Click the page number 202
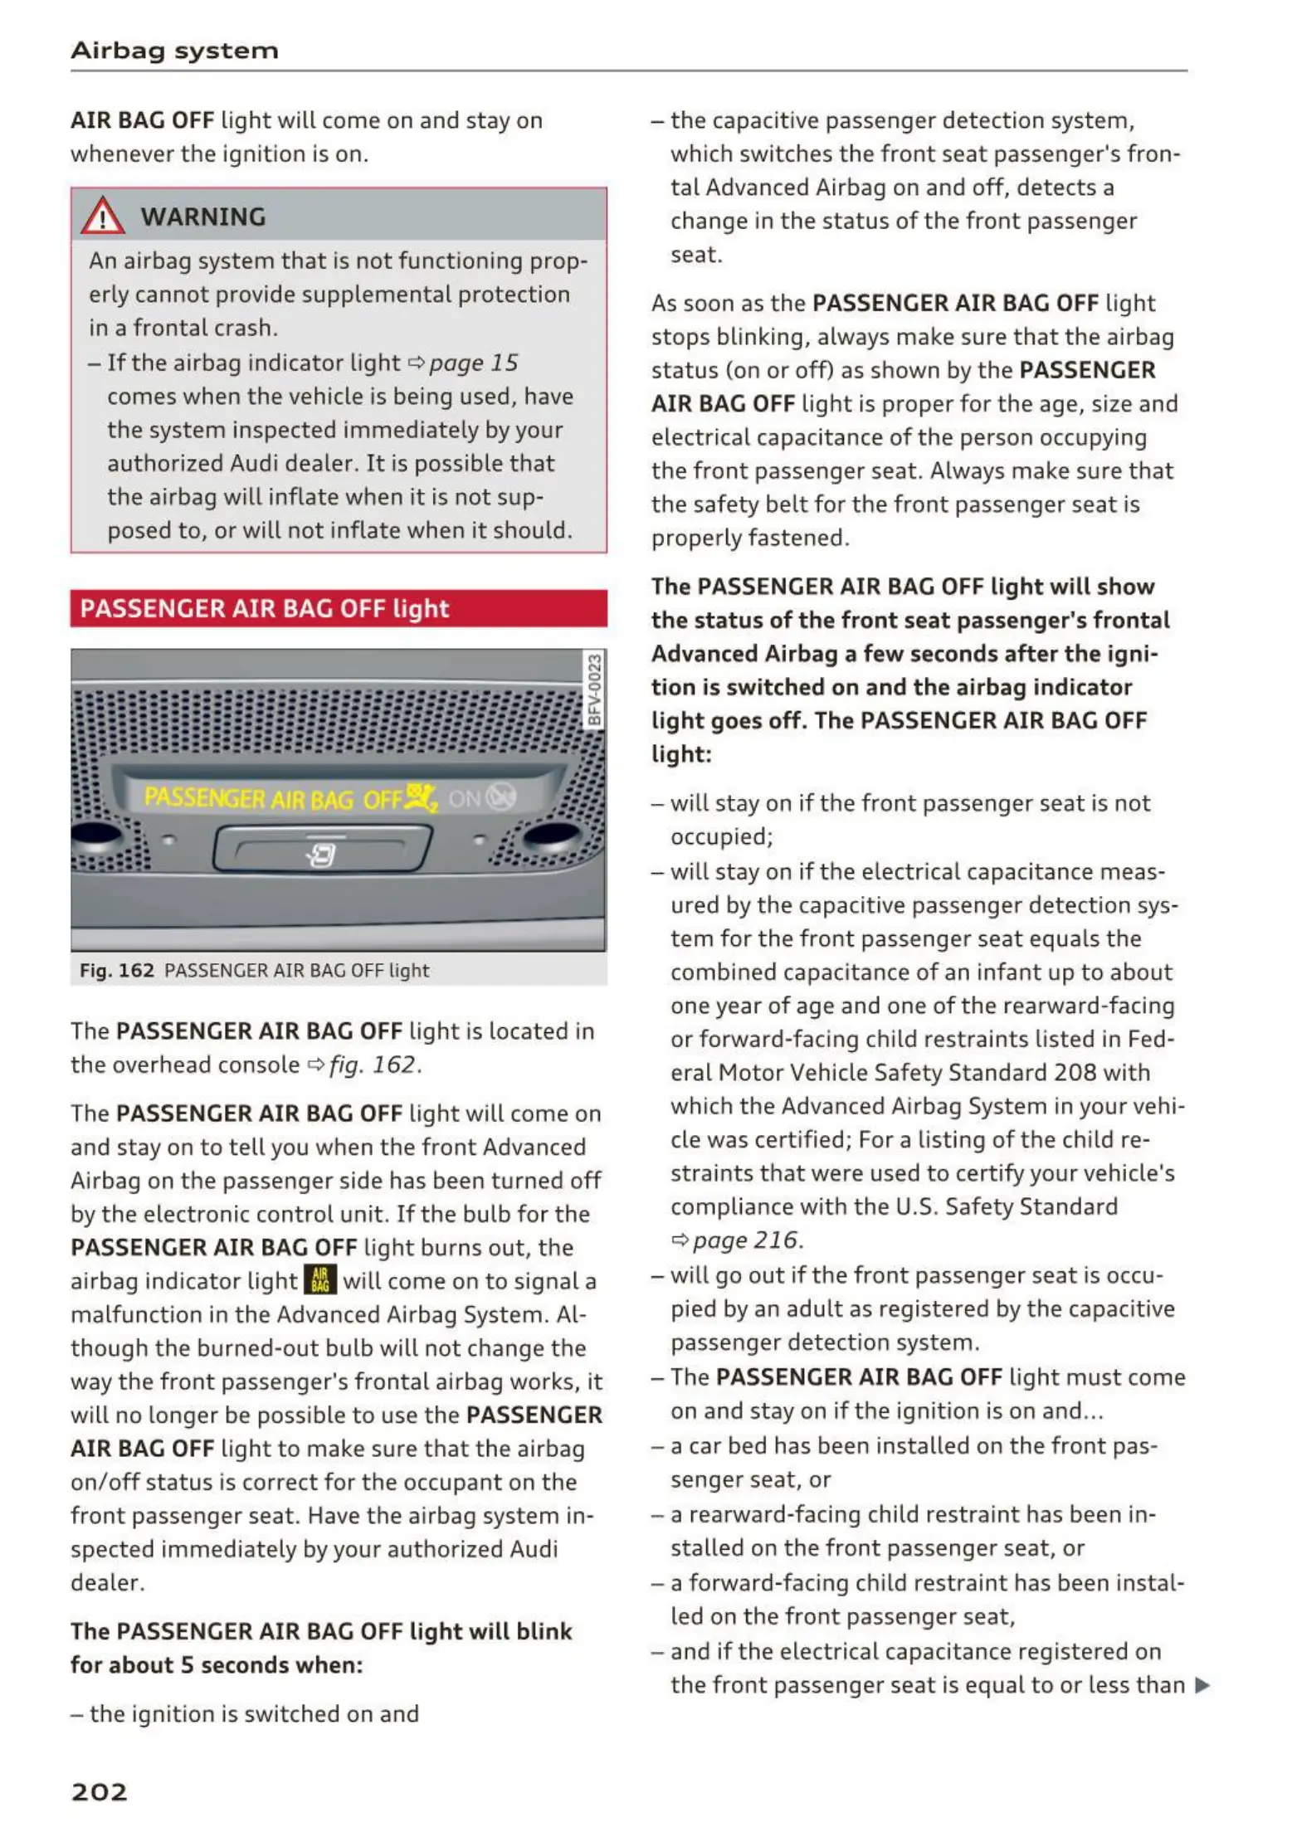100,1792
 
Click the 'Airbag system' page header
174,51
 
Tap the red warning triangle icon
102,216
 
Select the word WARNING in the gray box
203,217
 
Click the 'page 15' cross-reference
473,363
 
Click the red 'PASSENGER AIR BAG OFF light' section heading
265,608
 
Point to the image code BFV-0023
594,689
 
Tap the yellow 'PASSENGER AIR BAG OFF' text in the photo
273,798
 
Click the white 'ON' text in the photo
465,798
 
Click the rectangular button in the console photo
322,849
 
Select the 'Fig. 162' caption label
117,970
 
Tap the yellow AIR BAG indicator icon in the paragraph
320,1279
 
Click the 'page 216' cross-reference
745,1240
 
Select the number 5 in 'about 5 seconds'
188,1664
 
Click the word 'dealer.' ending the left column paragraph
108,1582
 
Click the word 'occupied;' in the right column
722,836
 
